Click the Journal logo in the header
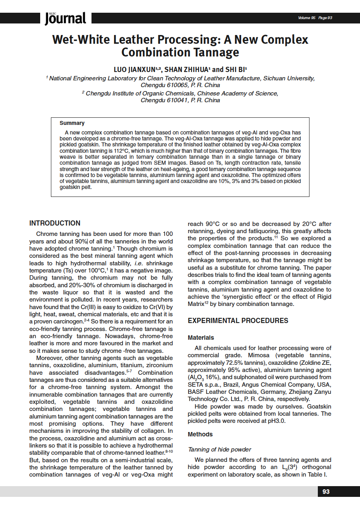(65, 18)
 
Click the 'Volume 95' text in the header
(306, 18)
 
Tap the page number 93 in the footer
(326, 492)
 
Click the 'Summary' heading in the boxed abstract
(72, 123)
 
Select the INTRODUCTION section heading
(55, 223)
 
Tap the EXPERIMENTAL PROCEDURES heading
(238, 321)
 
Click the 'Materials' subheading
(201, 338)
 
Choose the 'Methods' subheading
(200, 434)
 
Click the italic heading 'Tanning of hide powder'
(219, 450)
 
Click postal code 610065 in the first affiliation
(177, 85)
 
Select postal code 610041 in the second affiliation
(177, 100)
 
